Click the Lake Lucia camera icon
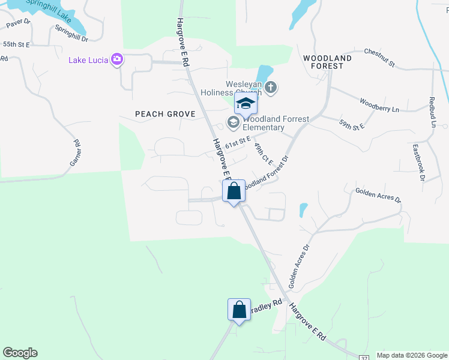point(117,59)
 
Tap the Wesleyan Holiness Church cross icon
point(271,88)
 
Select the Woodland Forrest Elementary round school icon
point(233,123)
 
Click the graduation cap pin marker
point(246,104)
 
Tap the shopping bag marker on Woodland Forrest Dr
point(234,191)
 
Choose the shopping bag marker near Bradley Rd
point(239,310)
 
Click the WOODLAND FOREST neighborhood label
point(327,62)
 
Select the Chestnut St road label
point(379,58)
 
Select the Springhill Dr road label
point(71,33)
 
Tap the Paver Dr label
point(19,23)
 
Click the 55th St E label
point(16,44)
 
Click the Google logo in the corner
point(20,353)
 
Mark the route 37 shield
point(364,358)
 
